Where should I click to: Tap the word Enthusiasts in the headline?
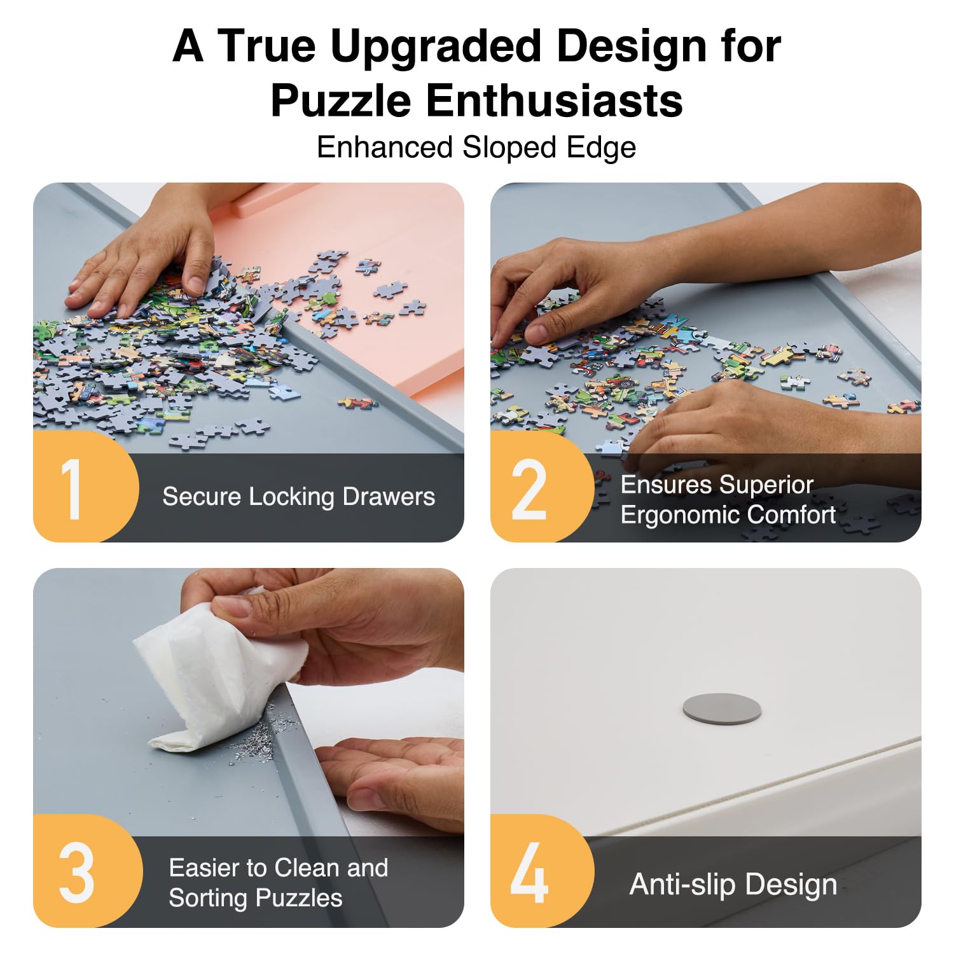[x=554, y=100]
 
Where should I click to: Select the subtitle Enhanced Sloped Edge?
[x=476, y=148]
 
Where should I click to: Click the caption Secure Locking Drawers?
[x=298, y=497]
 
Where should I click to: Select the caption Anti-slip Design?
[x=733, y=884]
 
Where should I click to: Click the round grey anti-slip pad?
[x=721, y=709]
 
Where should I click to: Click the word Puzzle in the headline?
[x=340, y=100]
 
